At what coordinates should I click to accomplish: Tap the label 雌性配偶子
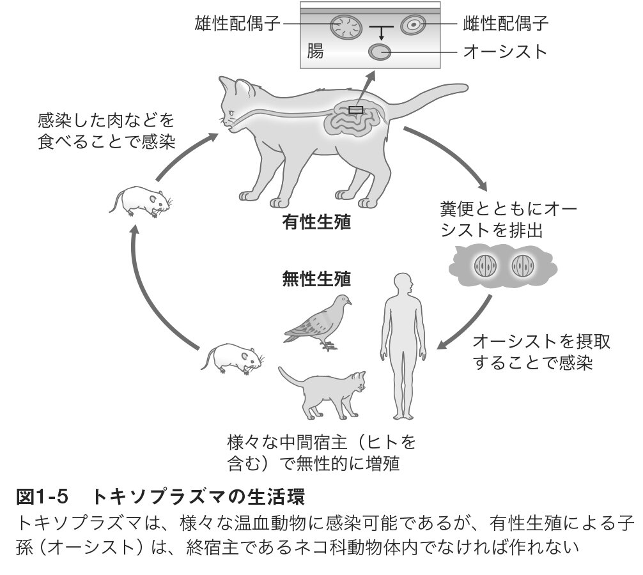tap(505, 24)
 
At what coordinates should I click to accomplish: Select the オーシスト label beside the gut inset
tap(505, 51)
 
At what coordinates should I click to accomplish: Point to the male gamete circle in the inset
tap(346, 27)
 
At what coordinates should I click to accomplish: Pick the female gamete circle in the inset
tap(413, 26)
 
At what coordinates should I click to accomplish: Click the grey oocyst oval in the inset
tap(382, 52)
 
